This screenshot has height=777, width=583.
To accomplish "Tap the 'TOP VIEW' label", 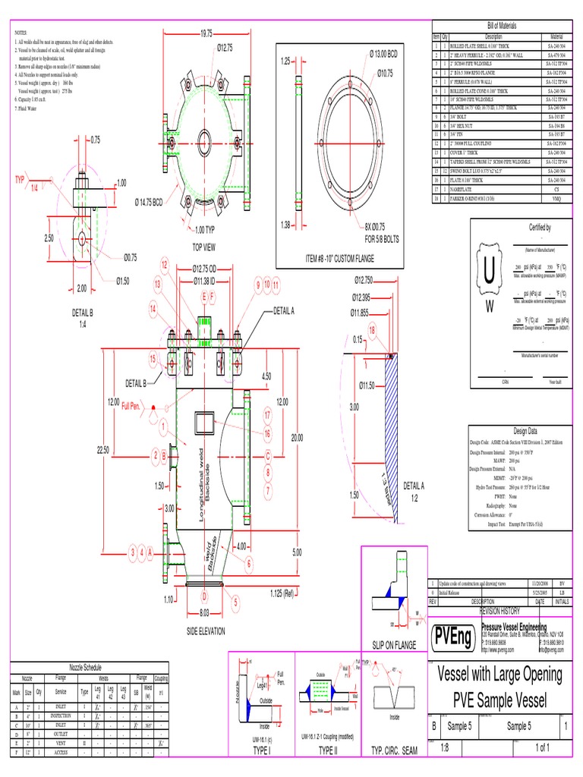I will tap(204, 247).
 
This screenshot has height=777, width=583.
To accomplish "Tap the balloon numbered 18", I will tap(372, 330).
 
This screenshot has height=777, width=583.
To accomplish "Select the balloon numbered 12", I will tap(163, 263).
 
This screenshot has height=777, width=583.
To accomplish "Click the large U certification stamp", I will tap(488, 271).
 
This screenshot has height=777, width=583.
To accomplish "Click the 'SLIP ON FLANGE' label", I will tap(395, 644).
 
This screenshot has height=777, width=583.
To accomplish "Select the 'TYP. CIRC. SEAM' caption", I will tap(394, 750).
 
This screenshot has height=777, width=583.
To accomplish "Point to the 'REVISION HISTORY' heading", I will tap(499, 610).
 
